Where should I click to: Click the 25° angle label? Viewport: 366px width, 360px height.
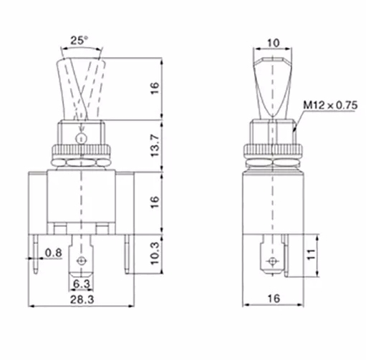[x=79, y=40]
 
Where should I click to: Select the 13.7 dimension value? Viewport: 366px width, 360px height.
[x=155, y=145]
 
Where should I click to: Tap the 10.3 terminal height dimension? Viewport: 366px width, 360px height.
[x=155, y=253]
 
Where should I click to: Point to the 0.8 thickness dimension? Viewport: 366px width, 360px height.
[x=54, y=253]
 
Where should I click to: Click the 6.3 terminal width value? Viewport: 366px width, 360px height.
[x=82, y=283]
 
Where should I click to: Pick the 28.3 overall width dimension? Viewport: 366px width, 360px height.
[x=82, y=299]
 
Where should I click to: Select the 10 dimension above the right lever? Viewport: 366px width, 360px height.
[x=273, y=43]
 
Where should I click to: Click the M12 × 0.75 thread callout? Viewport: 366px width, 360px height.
[x=330, y=105]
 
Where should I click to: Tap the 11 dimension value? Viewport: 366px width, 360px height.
[x=311, y=255]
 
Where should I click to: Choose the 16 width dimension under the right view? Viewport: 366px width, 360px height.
[x=274, y=298]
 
